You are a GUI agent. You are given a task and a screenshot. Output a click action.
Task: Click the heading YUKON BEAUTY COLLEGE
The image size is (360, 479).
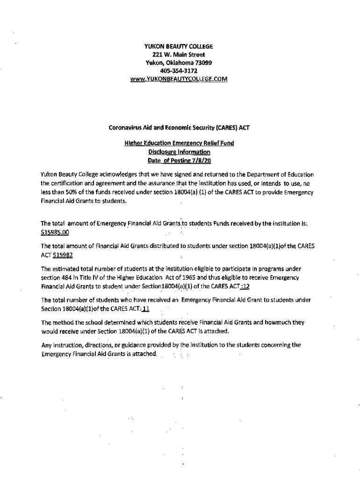click(x=179, y=46)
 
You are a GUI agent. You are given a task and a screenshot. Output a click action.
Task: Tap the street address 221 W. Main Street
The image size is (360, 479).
click(x=179, y=55)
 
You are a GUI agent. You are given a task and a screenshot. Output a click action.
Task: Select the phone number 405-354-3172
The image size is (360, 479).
click(x=179, y=71)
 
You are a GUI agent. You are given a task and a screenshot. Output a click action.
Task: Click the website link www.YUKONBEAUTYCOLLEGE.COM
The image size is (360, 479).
click(x=179, y=80)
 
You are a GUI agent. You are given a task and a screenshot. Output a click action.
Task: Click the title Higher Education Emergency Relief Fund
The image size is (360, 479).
click(x=179, y=144)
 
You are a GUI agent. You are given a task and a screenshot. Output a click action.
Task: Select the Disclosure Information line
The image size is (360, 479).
click(x=179, y=152)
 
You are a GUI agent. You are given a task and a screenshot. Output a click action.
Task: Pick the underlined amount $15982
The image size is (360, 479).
click(x=63, y=255)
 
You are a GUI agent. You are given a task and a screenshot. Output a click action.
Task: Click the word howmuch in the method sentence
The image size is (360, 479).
click(x=279, y=323)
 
